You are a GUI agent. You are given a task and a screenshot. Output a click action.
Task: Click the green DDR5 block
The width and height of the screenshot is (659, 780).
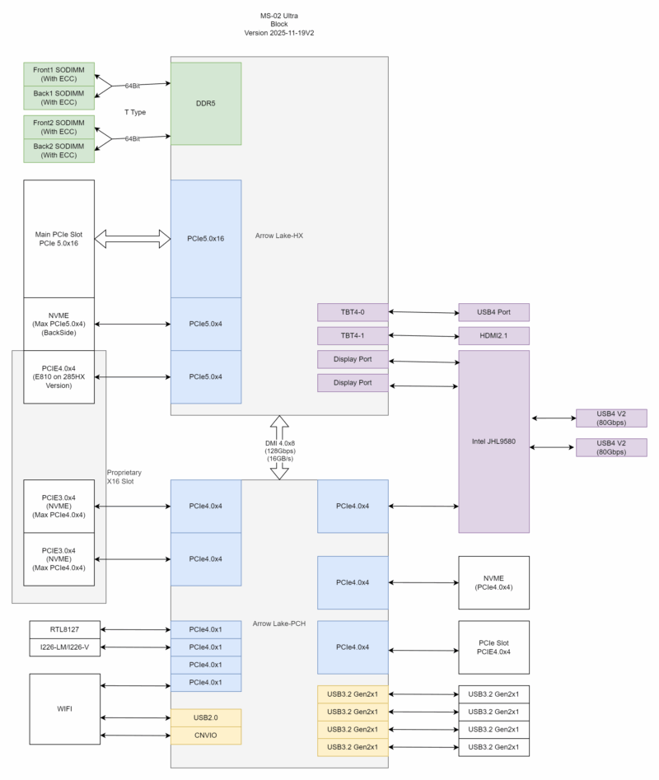206,104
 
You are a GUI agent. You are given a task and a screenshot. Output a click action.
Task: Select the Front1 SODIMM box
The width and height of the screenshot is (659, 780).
59,75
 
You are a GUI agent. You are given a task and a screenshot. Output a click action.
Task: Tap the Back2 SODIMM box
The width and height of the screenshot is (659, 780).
59,150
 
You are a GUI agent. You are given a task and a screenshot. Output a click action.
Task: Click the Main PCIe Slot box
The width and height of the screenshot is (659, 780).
59,239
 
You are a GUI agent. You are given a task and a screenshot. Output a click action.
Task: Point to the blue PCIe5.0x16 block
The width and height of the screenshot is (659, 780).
206,239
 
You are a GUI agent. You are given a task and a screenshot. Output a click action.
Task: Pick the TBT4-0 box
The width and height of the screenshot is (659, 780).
352,312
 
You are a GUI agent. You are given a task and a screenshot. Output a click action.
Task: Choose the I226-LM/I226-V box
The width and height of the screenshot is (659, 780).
63,647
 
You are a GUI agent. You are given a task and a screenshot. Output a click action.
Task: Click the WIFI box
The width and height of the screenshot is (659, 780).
63,709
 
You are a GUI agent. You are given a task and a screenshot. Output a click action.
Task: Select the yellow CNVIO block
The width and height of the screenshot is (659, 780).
206,736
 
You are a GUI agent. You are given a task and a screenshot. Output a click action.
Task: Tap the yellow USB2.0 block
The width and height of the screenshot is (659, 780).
206,717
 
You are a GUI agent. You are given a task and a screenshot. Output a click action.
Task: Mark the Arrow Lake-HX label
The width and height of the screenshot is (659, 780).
279,236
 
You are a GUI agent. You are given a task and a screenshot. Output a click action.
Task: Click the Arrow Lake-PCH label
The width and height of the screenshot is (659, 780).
279,624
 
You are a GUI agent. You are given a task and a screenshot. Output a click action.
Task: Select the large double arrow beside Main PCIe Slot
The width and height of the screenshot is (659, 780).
133,239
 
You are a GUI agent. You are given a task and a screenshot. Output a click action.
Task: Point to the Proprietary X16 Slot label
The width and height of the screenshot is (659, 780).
124,477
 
